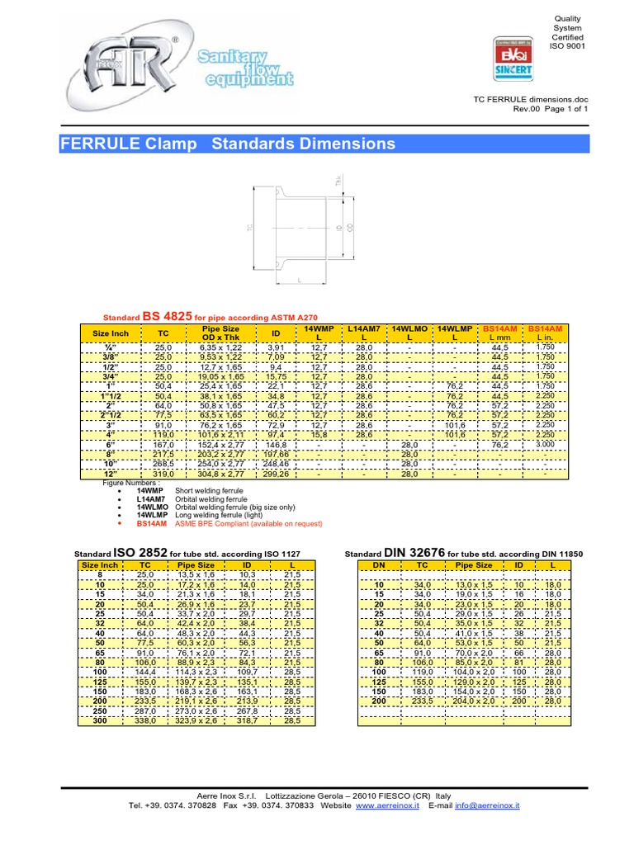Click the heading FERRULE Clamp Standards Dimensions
pos(229,144)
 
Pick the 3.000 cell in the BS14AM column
pos(545,442)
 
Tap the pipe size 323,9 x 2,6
pos(196,720)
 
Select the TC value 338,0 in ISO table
pos(145,720)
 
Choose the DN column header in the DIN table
pos(380,565)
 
